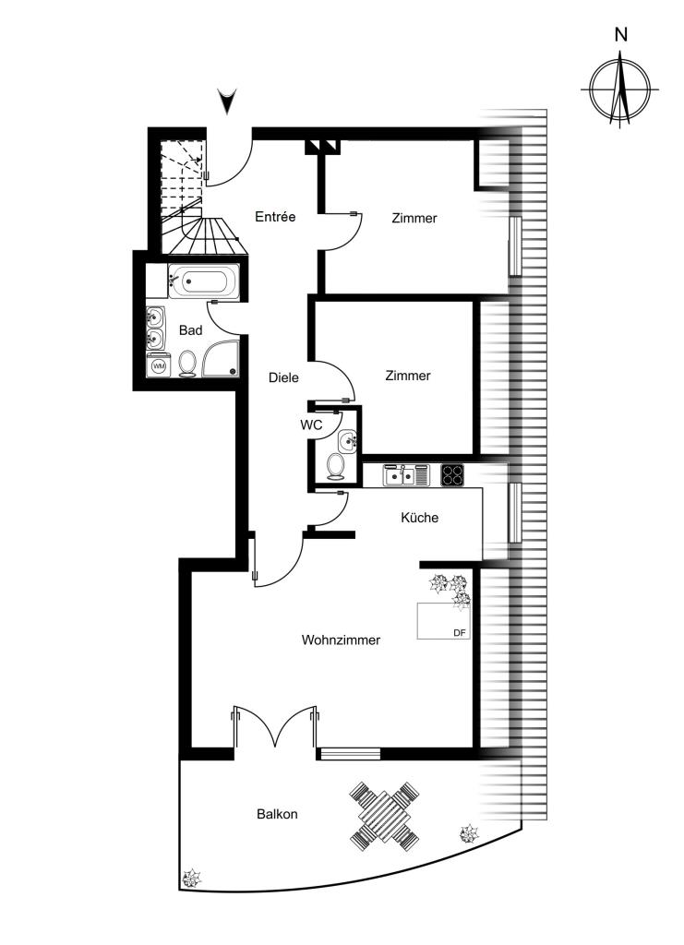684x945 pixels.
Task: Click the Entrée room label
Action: click(275, 217)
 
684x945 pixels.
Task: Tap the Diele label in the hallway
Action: click(283, 377)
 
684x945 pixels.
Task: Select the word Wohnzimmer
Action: click(341, 640)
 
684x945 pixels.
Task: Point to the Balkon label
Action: click(277, 814)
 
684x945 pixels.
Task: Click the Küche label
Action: click(419, 518)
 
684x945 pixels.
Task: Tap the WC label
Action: click(312, 425)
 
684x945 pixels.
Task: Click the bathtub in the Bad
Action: click(204, 281)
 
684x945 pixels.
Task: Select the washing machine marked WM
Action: click(159, 365)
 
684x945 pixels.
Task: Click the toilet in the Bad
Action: click(187, 364)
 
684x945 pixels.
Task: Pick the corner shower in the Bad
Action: click(221, 359)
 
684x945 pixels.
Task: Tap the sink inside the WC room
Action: click(347, 441)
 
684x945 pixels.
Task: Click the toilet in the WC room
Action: click(335, 467)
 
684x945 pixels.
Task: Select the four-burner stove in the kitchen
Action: click(452, 475)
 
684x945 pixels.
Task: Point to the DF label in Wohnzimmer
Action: click(460, 633)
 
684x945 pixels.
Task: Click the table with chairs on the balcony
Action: click(385, 816)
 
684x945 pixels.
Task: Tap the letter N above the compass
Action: click(620, 35)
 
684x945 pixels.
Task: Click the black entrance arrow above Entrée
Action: click(227, 102)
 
